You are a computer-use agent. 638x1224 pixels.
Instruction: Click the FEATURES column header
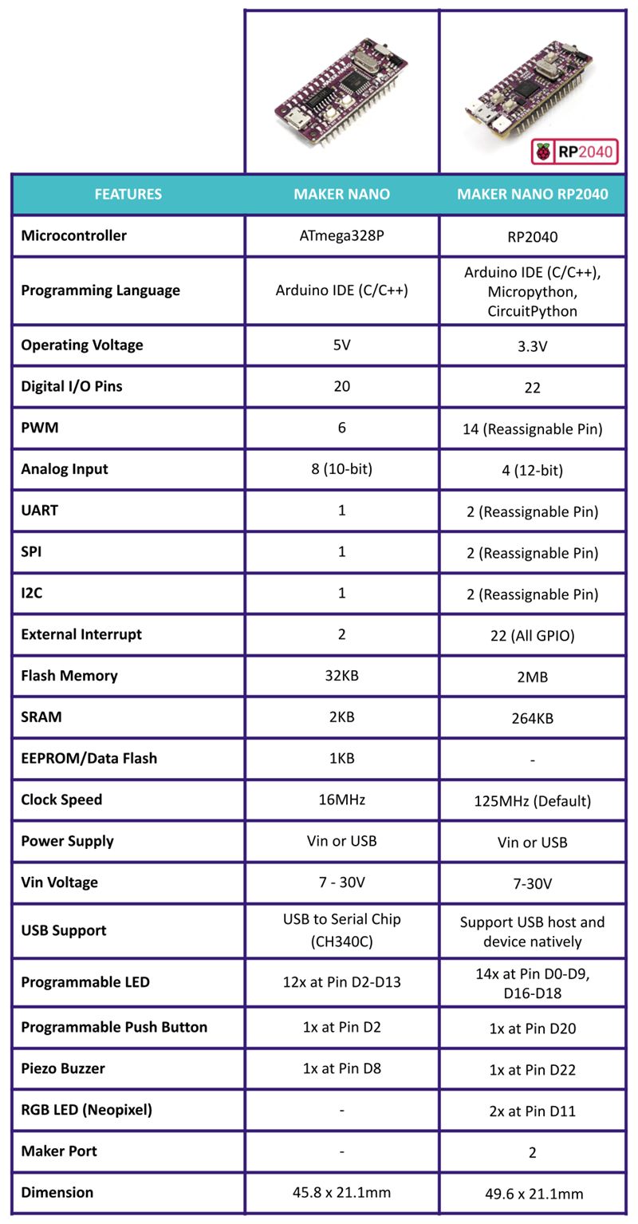[128, 194]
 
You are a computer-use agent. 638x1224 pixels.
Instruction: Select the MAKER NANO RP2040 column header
[532, 194]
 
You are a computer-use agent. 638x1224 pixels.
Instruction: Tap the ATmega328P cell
[341, 235]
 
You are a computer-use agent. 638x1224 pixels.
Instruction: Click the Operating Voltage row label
[82, 345]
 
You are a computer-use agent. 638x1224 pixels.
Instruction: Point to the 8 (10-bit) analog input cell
[341, 469]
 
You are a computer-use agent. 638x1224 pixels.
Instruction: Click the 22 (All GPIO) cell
[532, 635]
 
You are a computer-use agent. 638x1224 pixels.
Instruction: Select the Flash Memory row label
[69, 676]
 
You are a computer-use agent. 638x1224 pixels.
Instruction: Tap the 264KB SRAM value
[532, 718]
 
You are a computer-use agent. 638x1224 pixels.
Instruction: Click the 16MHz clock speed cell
[341, 800]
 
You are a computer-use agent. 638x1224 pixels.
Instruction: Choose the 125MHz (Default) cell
[532, 801]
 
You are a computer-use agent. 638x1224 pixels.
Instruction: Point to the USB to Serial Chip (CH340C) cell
[341, 930]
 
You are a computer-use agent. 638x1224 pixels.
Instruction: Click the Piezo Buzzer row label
[63, 1068]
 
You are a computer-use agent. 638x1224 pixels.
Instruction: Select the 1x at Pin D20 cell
[532, 1029]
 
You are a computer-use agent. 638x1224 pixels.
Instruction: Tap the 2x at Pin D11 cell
[532, 1111]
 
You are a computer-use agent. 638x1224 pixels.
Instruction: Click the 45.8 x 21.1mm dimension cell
[341, 1192]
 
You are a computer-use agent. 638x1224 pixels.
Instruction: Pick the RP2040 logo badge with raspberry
[574, 152]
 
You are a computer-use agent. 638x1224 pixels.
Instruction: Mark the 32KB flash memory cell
[341, 676]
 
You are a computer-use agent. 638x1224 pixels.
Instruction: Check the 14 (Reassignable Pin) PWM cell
[532, 429]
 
